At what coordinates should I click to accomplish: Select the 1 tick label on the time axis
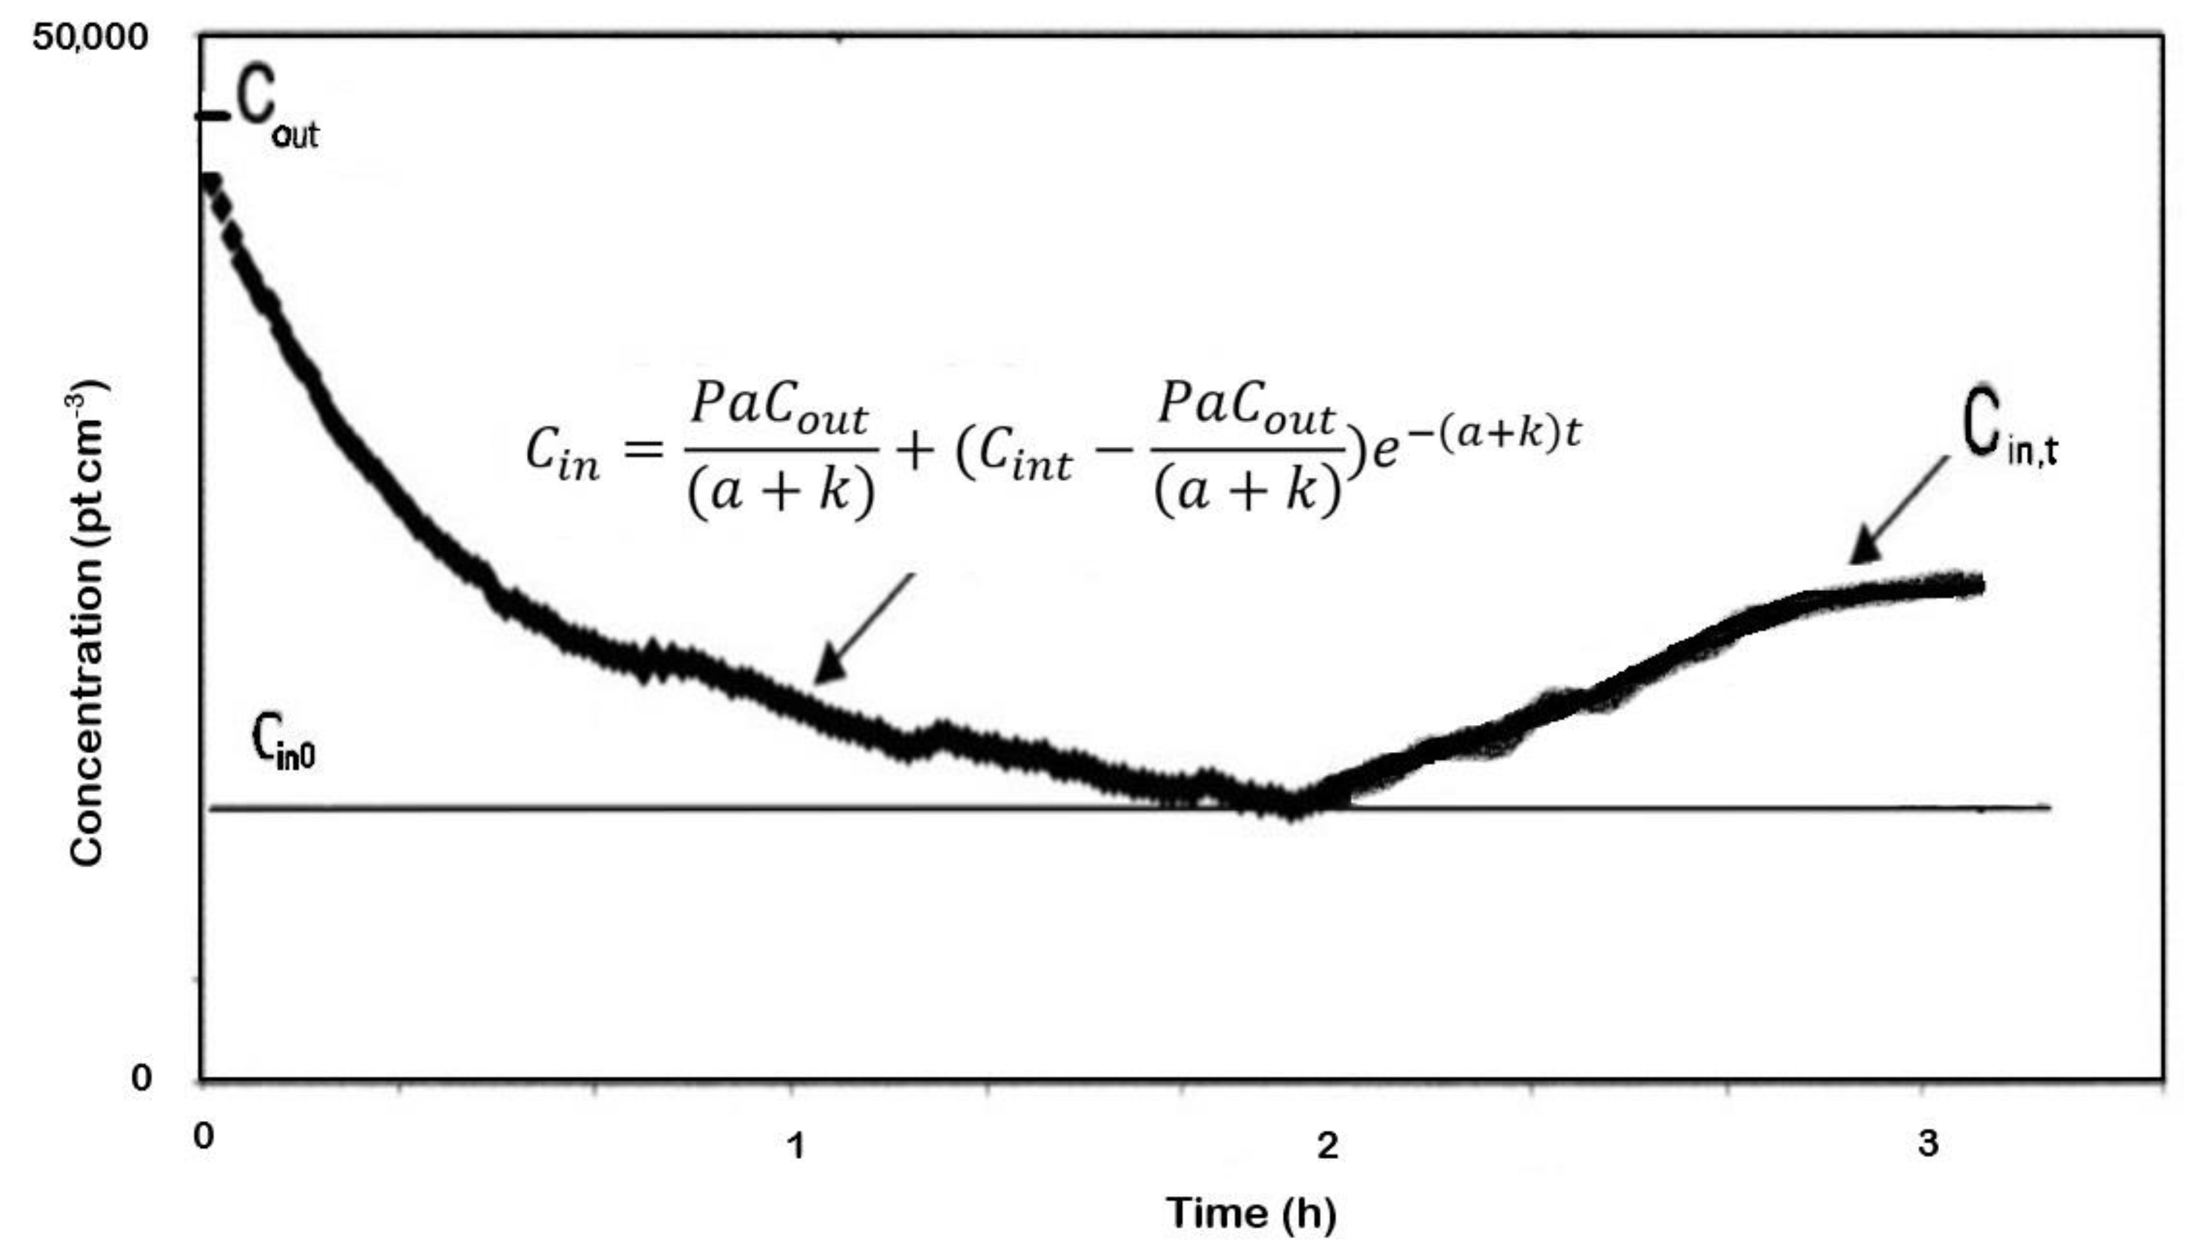796,1145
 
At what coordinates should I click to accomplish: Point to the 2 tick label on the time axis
1327,1145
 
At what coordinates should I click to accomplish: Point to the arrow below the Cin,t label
1897,511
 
